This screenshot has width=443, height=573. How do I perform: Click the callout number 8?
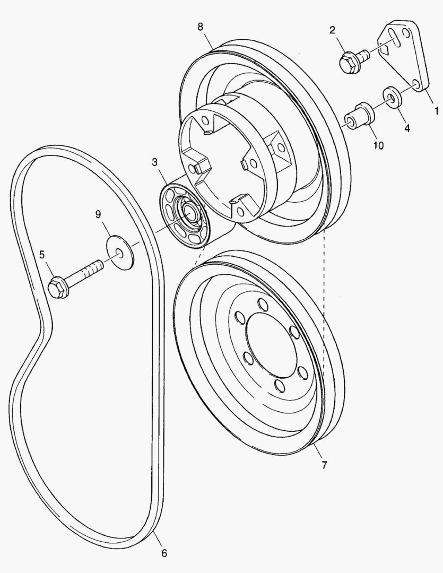coord(201,27)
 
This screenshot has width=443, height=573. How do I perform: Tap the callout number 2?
coord(332,30)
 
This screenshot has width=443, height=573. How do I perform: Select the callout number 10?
coord(378,145)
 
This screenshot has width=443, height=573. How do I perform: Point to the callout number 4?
coord(407,128)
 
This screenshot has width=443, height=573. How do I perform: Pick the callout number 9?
coord(98,214)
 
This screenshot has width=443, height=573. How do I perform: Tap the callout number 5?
coord(42,254)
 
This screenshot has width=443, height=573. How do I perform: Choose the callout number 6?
coord(164,553)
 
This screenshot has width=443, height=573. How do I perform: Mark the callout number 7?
coord(324,465)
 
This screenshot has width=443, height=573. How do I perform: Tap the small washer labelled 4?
coord(392,97)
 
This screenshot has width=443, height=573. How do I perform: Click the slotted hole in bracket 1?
coord(393,38)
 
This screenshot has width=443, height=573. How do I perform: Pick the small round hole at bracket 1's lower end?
coord(416,84)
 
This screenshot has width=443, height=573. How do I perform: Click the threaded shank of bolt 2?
coord(363,55)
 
